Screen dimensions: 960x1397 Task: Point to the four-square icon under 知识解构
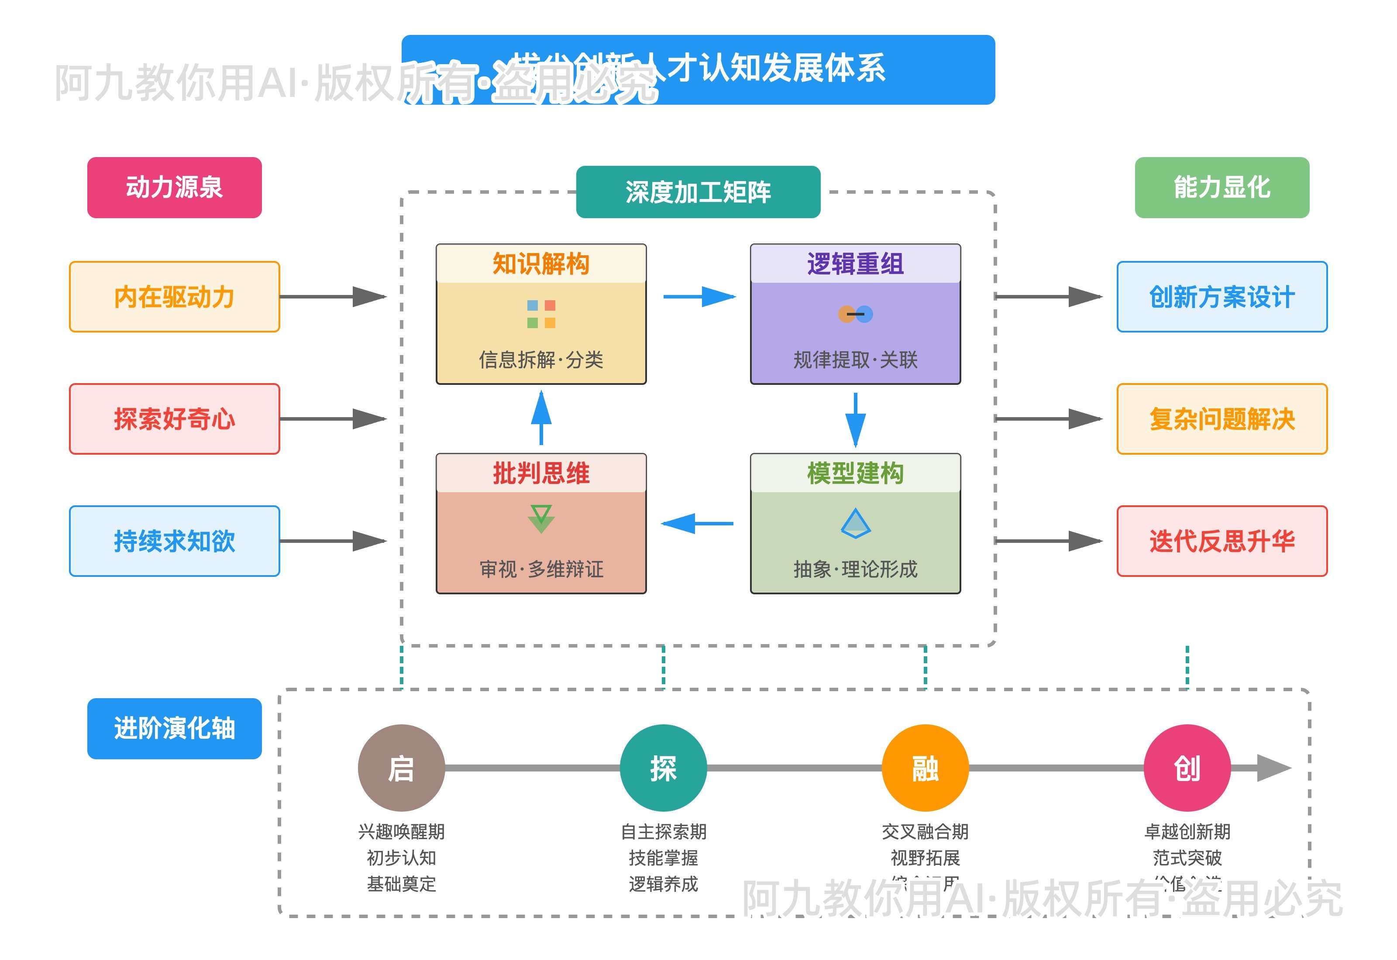(x=540, y=314)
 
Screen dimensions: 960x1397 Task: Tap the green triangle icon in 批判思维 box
(x=540, y=518)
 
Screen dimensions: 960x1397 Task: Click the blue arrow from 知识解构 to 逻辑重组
(x=698, y=297)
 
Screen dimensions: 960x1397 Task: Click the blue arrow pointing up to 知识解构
(x=541, y=418)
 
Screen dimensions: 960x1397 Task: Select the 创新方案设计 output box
(x=1222, y=297)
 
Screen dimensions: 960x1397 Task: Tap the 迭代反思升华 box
(x=1222, y=541)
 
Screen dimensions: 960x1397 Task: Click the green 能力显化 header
(x=1222, y=187)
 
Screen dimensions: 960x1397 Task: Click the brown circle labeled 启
(x=401, y=768)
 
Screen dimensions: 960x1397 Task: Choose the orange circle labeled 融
(x=925, y=768)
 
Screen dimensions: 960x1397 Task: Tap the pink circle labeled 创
(x=1187, y=768)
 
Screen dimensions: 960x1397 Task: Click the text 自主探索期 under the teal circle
(x=663, y=831)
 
